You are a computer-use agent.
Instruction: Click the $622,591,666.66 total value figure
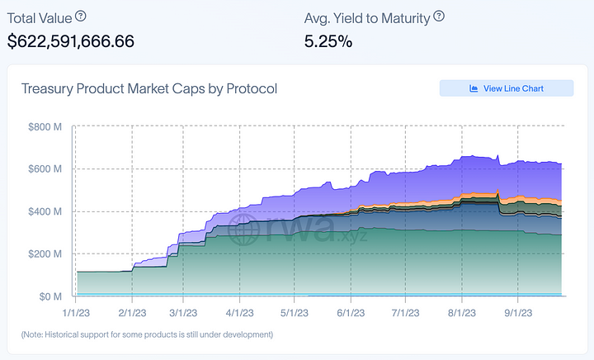tap(71, 41)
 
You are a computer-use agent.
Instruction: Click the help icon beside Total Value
tap(80, 17)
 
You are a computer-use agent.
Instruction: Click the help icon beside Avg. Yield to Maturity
tap(439, 17)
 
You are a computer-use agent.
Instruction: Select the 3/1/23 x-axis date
tap(182, 313)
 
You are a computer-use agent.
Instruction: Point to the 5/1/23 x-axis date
tap(295, 313)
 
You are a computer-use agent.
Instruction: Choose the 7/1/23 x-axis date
tap(405, 313)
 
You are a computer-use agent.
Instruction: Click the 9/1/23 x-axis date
tap(517, 313)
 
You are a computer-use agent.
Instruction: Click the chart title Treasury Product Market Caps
tap(149, 89)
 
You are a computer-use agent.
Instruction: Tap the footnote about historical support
tap(147, 334)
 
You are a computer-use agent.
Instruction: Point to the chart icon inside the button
tap(474, 88)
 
